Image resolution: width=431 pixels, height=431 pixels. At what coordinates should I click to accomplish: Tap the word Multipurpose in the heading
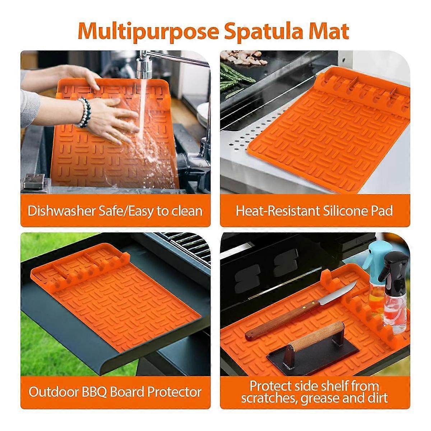coord(148,31)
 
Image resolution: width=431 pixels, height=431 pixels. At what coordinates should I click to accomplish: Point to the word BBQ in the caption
coord(92,392)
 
